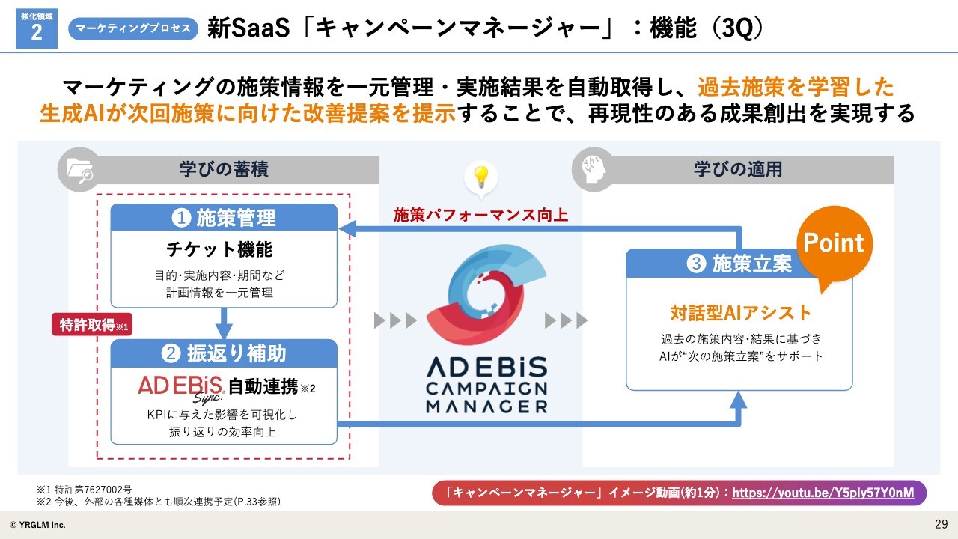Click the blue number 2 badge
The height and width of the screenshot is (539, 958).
click(37, 28)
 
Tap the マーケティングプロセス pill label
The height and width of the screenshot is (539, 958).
click(133, 28)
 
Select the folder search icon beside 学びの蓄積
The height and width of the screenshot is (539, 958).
click(79, 170)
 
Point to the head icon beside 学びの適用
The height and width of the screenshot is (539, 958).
click(594, 169)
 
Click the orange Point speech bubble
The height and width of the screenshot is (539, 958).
click(834, 246)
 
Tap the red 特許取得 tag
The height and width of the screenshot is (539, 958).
click(92, 325)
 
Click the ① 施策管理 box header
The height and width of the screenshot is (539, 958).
click(224, 217)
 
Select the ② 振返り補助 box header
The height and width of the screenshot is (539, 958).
click(224, 353)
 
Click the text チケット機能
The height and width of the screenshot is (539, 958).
click(219, 249)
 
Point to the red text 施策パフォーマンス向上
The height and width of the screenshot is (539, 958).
click(480, 215)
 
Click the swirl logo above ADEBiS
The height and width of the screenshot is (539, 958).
click(486, 295)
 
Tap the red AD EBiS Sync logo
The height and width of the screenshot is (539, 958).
click(181, 389)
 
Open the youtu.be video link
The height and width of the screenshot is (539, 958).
click(823, 493)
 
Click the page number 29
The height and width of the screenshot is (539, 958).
click(942, 524)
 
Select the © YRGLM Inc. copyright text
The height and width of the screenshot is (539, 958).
click(37, 525)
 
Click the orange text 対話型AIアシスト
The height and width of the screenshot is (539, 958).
click(740, 313)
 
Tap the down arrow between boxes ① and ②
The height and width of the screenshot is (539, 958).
click(224, 323)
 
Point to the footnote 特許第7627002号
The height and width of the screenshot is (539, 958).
click(94, 490)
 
